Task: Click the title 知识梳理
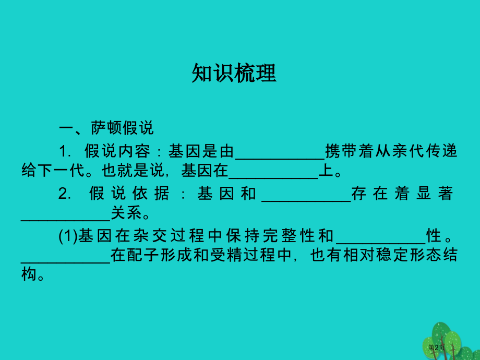(x=234, y=74)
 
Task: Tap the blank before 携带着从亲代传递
(x=280, y=153)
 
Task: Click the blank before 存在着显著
(x=306, y=195)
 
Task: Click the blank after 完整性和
(x=381, y=237)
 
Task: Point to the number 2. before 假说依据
(x=65, y=194)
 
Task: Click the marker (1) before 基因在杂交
(x=68, y=237)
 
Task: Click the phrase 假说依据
(x=129, y=194)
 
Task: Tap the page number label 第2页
(x=436, y=347)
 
